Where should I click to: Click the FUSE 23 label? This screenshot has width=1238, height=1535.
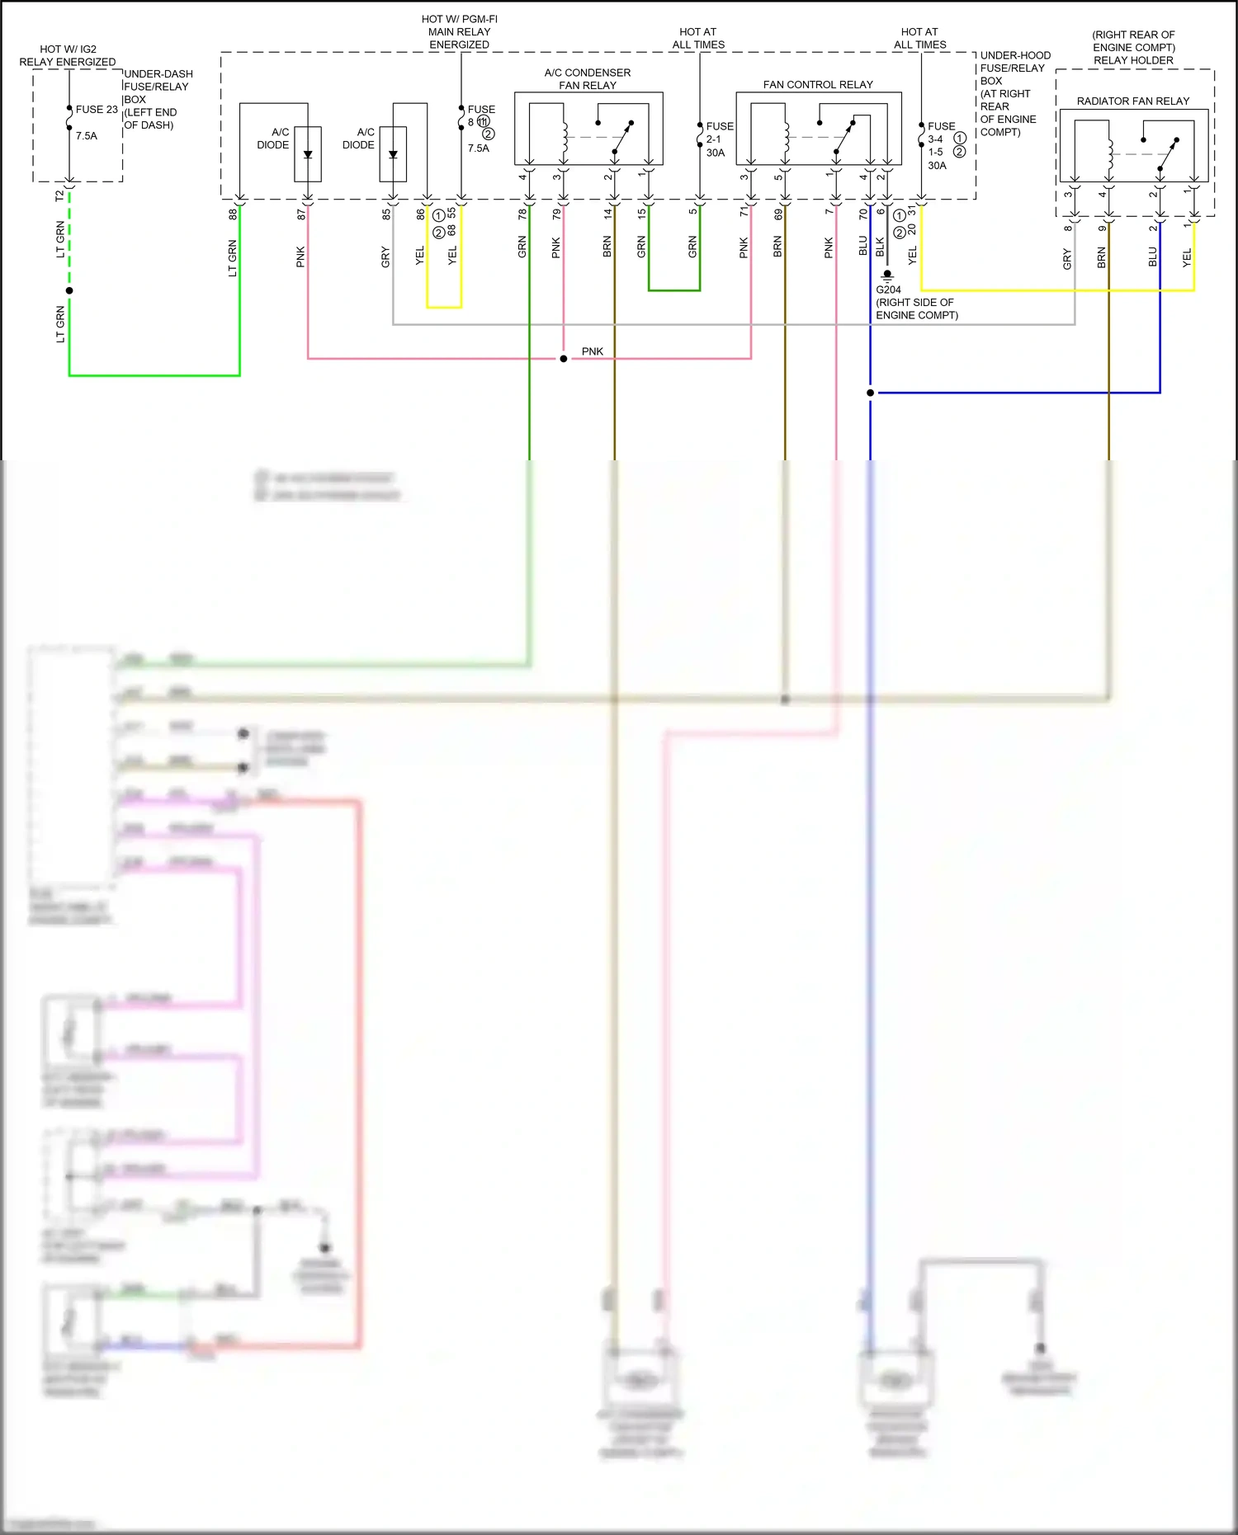point(97,110)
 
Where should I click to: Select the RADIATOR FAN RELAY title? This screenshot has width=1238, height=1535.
point(1132,101)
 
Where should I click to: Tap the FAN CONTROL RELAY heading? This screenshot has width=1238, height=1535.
point(817,85)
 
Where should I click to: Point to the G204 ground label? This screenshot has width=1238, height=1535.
point(888,290)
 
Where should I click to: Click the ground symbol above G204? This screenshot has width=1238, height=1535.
point(887,275)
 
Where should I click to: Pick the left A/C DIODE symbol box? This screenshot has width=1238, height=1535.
point(308,154)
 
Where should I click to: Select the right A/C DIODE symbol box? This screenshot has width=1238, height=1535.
point(393,154)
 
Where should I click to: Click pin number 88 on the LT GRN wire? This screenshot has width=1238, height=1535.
point(233,214)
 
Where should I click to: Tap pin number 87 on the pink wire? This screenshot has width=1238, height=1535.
point(301,214)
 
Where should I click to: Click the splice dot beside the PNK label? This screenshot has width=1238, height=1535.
point(564,359)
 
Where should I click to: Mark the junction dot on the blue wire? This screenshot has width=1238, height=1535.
point(870,393)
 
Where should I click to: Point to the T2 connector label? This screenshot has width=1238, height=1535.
point(59,195)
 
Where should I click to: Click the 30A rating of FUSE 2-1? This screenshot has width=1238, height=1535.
point(716,153)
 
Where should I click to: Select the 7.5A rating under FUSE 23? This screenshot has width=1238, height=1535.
point(87,136)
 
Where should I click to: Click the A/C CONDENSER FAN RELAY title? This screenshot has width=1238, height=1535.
point(587,79)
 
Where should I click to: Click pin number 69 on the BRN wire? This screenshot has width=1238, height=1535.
point(777,214)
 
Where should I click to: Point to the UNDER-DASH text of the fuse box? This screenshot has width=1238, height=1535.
point(158,74)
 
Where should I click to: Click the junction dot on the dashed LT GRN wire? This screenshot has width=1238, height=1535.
point(69,290)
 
